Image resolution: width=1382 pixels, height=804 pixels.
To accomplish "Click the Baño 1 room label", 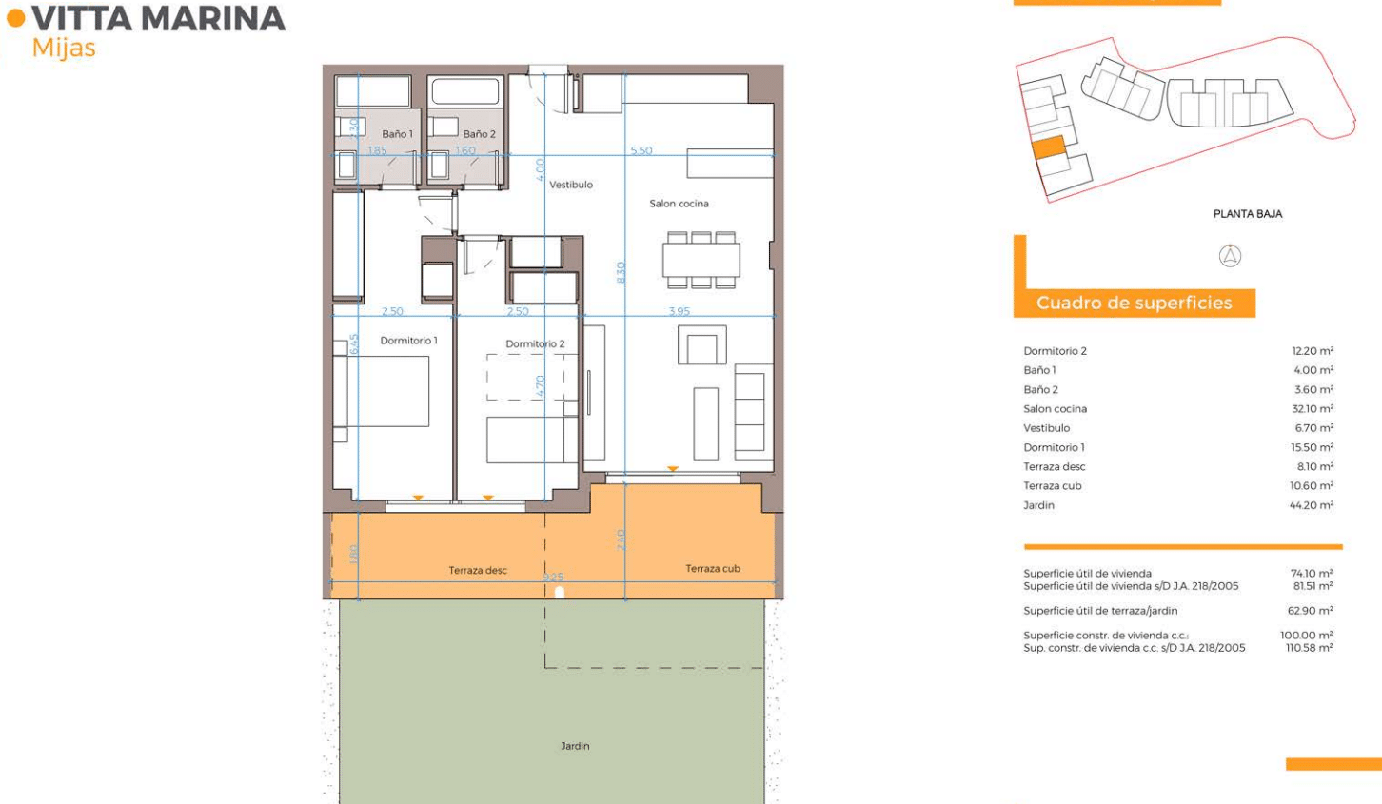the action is point(397,134).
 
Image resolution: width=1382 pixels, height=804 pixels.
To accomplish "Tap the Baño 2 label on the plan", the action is point(479,134).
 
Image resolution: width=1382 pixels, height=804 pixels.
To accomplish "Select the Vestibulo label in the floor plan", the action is point(571,185).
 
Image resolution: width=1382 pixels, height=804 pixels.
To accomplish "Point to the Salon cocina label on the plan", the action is point(679,204).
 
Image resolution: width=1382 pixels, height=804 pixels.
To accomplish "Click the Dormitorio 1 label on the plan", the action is point(408,341).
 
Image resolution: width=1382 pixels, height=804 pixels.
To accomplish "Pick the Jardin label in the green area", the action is point(574,746).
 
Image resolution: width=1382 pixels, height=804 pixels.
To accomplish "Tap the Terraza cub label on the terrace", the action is point(713,568).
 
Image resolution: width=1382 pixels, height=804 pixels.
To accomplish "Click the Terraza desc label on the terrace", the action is point(478,570).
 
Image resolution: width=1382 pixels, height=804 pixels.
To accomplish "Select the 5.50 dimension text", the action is point(641,150).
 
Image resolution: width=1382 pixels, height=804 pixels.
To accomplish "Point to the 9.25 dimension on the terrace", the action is point(553,578).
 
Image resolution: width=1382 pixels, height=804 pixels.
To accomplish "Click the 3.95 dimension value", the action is point(680,311).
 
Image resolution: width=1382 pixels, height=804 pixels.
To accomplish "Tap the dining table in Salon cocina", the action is point(701,260).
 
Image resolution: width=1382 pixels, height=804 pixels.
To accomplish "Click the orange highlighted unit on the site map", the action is point(1049,147).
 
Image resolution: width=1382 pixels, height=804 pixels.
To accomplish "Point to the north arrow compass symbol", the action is point(1230,256).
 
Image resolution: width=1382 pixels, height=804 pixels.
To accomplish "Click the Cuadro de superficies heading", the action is point(1134,303).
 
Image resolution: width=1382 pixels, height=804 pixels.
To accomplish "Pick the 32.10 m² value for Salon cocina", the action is point(1313,409).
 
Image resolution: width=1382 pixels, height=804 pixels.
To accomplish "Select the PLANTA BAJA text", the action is point(1248,214).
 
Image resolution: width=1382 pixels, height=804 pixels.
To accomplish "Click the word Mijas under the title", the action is point(64,49).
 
